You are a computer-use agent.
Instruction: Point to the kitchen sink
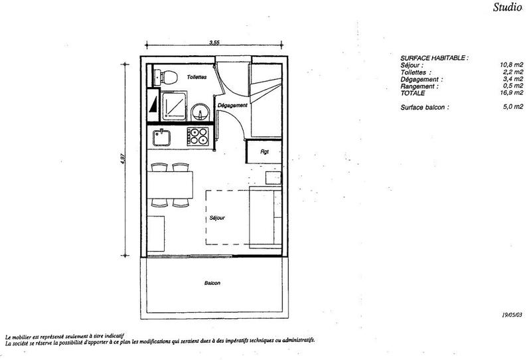[162, 138]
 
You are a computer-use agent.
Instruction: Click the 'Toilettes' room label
[197, 78]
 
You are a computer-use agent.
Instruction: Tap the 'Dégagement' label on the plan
[232, 106]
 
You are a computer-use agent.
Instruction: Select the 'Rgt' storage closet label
[264, 151]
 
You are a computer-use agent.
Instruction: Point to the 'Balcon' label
[212, 283]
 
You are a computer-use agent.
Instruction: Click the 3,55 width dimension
[214, 43]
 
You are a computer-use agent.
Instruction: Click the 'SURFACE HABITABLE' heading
[434, 58]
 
